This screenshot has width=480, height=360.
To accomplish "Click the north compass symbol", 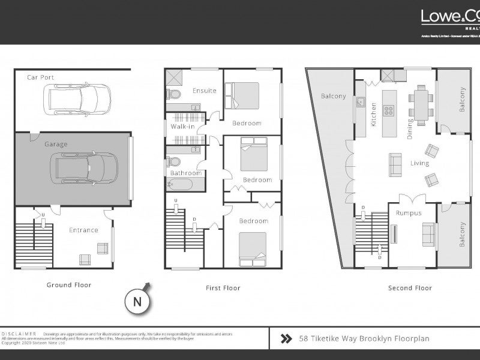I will pos(137,301).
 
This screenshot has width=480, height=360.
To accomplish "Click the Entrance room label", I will pos(83,230).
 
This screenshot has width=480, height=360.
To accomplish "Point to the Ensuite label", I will pos(204,91).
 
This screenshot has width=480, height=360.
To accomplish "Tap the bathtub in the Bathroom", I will pos(180,184).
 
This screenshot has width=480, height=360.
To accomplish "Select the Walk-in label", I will pos(183,127).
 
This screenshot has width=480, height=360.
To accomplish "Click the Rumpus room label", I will pos(409,213).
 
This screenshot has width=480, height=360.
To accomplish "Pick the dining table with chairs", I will pos(421,104).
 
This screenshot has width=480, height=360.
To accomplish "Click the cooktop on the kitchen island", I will pos(389,110).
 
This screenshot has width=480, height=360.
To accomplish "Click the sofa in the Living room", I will pos(395,164).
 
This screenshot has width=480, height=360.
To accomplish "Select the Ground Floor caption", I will pos(69,285).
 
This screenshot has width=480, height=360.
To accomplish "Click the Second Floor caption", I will pos(410,288).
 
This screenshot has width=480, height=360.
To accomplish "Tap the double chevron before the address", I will pos(286,338).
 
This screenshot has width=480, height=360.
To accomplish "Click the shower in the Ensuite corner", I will pos(175,77).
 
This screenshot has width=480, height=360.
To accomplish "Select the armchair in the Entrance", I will pos(85,259).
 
